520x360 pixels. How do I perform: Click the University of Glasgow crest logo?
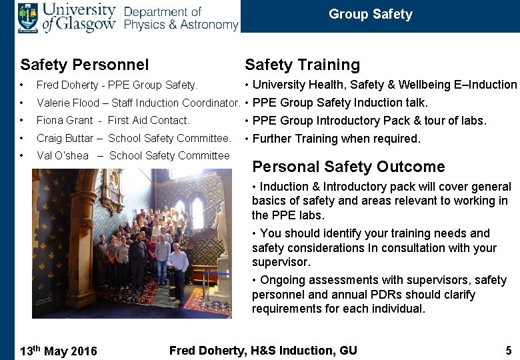[28, 17]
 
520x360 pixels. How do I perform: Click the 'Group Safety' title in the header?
[370, 15]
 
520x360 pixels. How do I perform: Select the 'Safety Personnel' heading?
[85, 65]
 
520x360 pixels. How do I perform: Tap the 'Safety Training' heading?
[302, 65]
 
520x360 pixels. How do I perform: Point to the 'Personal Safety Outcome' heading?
[348, 167]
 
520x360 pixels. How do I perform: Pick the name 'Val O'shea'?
[63, 156]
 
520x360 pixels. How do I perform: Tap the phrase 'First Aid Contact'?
[148, 121]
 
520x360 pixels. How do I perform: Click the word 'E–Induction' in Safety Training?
[485, 85]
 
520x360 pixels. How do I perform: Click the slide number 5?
[509, 351]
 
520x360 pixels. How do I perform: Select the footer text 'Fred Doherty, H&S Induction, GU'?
[263, 351]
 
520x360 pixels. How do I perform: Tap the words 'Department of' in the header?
[162, 11]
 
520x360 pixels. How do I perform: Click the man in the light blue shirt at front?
[178, 267]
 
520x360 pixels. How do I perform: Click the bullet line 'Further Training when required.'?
[336, 139]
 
